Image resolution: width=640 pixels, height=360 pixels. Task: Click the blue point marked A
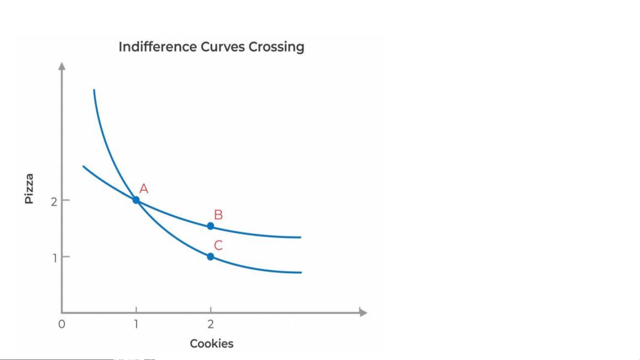(136, 200)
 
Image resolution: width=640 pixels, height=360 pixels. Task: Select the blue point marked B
(211, 226)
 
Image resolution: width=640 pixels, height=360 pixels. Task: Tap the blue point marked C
(211, 257)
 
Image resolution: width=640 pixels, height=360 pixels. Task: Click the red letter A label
(144, 189)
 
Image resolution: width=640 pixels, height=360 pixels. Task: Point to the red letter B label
(218, 215)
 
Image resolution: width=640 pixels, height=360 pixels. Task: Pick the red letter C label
(218, 245)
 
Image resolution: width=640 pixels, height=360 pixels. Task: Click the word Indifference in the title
(158, 47)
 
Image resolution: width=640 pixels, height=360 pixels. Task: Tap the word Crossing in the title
(276, 47)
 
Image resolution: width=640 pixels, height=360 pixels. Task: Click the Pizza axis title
(29, 188)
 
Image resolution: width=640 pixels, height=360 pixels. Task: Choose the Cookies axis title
(212, 344)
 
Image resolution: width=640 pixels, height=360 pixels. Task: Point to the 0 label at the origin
(62, 324)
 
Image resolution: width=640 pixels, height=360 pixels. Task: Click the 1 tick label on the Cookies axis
(136, 324)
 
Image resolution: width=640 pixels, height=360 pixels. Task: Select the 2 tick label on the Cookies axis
(211, 324)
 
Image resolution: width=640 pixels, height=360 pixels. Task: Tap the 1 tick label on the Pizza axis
(55, 258)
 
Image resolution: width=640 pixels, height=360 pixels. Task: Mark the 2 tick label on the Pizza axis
(54, 201)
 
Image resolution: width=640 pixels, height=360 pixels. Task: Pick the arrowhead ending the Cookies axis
(363, 312)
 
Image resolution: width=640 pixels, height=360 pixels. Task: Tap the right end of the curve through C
(301, 272)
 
